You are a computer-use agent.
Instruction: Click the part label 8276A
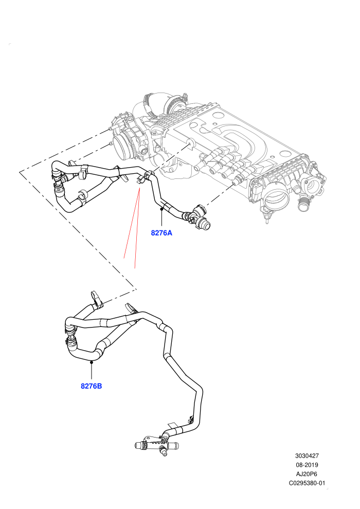click(x=161, y=233)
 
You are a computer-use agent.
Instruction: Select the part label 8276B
click(x=91, y=386)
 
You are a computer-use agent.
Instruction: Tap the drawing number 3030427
click(x=307, y=456)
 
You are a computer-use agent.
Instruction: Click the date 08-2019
click(x=307, y=465)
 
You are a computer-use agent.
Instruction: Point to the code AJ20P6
click(x=307, y=474)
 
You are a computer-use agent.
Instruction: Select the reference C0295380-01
click(x=307, y=483)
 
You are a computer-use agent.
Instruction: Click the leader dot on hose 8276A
click(x=161, y=209)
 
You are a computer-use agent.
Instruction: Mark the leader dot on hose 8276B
click(x=92, y=362)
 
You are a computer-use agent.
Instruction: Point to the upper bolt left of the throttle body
click(x=111, y=130)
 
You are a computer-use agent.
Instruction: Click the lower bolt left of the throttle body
click(x=112, y=143)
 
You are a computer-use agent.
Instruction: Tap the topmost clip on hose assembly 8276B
click(x=96, y=298)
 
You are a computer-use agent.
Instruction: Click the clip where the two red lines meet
click(x=140, y=180)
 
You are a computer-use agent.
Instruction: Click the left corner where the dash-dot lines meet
click(x=20, y=171)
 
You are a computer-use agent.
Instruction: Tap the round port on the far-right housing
click(x=313, y=185)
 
